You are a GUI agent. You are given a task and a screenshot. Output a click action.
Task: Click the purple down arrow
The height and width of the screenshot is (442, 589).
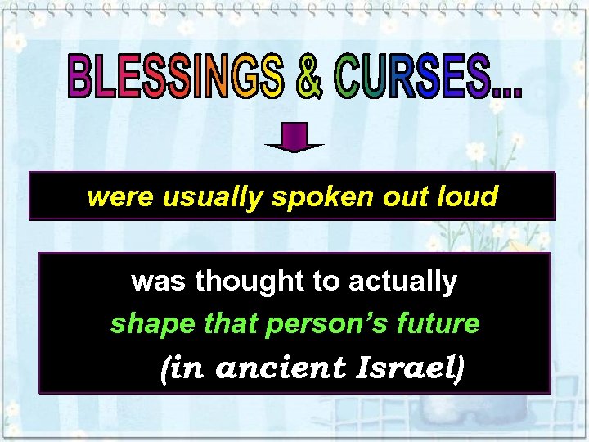294,138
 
